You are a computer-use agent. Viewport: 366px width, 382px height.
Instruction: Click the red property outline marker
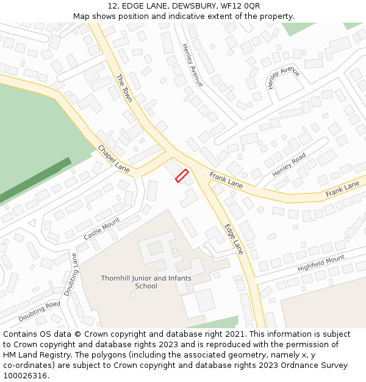[x=181, y=176]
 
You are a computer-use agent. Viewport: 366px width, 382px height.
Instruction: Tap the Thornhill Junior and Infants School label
[x=146, y=282]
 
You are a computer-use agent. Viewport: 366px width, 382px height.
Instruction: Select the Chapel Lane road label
[x=114, y=159]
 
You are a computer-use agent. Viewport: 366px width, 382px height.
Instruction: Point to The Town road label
[x=124, y=88]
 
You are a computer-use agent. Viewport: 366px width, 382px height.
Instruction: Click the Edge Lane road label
[x=234, y=238]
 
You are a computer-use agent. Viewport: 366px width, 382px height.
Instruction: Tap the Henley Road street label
[x=289, y=165]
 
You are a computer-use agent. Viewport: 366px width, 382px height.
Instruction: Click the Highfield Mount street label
[x=321, y=263]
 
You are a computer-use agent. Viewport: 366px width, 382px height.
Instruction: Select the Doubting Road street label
[x=39, y=312]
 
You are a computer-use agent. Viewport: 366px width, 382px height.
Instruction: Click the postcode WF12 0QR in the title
[x=237, y=6]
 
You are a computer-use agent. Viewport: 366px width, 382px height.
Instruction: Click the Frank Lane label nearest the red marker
[x=226, y=180]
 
